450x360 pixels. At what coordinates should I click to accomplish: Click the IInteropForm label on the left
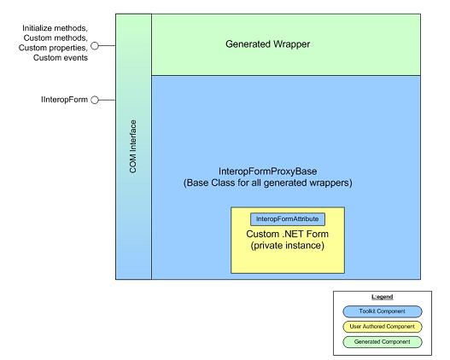[x=66, y=100]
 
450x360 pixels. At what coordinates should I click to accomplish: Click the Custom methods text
[x=56, y=38]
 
